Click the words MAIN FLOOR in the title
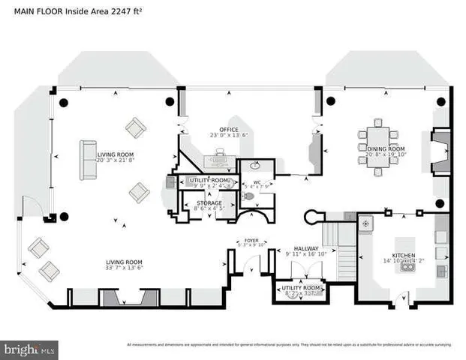tap(38, 10)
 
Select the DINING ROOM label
tap(386, 148)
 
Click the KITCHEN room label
tap(404, 256)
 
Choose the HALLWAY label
tap(305, 248)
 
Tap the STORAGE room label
tap(209, 202)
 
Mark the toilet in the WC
tap(249, 196)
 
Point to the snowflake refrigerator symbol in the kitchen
tap(366, 223)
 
